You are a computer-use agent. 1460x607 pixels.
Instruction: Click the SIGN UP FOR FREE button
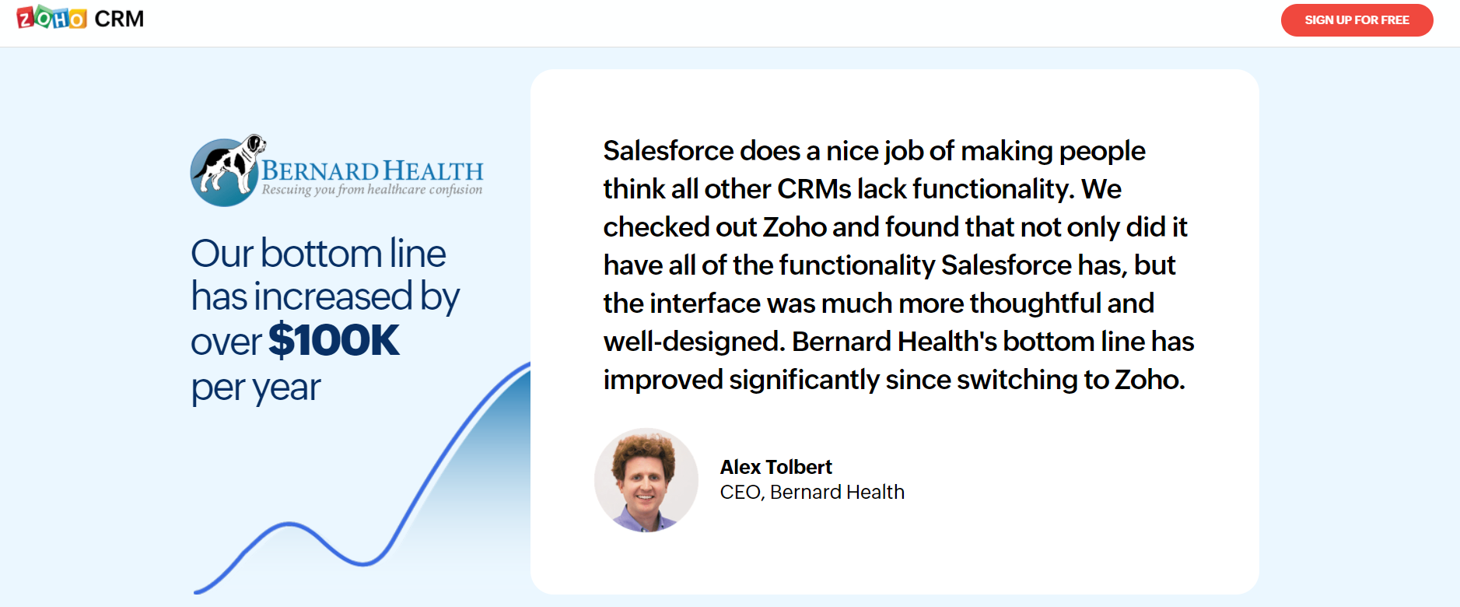[1357, 20]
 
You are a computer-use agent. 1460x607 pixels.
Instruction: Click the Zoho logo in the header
[51, 17]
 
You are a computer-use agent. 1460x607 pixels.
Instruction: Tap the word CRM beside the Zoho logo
[119, 19]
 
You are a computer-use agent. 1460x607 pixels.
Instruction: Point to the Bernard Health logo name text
[372, 170]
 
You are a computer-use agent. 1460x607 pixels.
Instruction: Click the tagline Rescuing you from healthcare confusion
[372, 189]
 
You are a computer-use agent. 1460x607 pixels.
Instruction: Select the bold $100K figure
[334, 340]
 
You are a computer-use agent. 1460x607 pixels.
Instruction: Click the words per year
[256, 388]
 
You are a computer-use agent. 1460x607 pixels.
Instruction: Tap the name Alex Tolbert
[776, 467]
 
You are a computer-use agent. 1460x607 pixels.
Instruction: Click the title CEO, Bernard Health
[812, 492]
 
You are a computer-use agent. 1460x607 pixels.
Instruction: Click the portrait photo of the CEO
[646, 480]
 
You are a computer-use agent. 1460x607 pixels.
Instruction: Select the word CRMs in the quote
[814, 188]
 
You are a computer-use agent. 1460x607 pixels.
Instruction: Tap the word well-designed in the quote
[694, 342]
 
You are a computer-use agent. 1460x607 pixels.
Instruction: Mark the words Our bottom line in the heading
[319, 254]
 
